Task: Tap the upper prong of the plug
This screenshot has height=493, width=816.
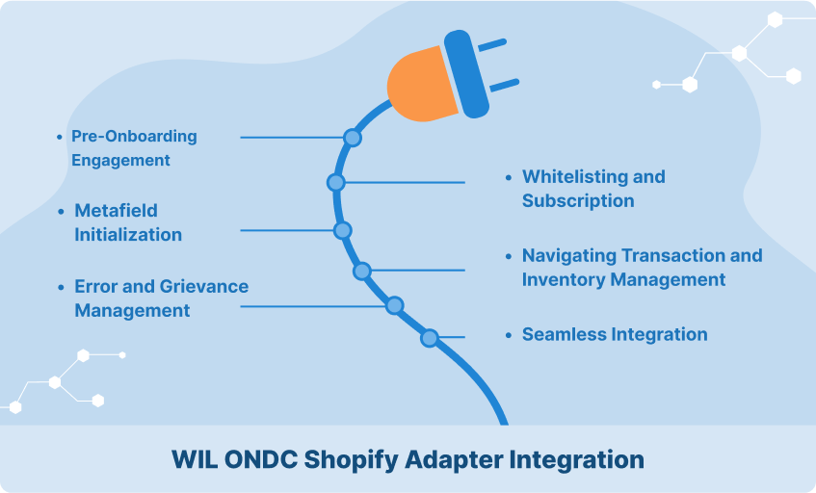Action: click(491, 45)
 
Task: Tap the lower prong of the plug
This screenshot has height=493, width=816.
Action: click(504, 86)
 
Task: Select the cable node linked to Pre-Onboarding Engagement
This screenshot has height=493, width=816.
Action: click(353, 138)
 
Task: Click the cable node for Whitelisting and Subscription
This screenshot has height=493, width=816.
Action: click(335, 183)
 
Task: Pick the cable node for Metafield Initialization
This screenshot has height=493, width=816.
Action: click(342, 230)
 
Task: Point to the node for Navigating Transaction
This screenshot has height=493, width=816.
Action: click(361, 271)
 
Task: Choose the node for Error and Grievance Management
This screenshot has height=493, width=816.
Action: click(394, 305)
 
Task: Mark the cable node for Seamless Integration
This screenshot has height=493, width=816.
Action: click(430, 338)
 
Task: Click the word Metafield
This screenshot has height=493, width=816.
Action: click(116, 211)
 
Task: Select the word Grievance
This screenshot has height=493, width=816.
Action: click(204, 287)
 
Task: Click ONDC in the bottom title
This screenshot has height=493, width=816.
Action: click(261, 459)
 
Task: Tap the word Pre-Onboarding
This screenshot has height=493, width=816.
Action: click(134, 137)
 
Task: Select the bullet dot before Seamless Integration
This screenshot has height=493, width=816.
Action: click(509, 335)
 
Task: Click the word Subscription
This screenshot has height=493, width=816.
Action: click(578, 201)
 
